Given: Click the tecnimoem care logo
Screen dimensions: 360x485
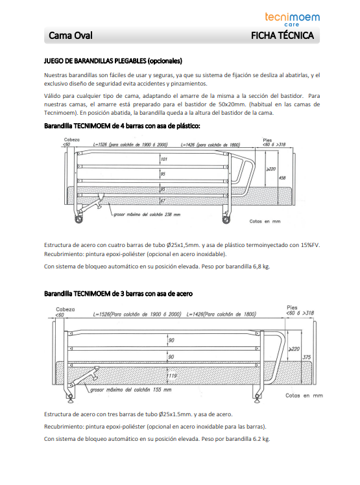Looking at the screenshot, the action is point(292,19).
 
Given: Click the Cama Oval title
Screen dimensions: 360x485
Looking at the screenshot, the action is point(71,36).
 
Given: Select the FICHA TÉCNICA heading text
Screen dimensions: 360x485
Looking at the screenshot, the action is point(282,36).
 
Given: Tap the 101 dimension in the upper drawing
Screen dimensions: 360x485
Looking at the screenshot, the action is point(164,159).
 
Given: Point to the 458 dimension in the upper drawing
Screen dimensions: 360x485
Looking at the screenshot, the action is point(282,178).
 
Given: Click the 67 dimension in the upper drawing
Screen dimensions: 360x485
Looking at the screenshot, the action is point(163,201).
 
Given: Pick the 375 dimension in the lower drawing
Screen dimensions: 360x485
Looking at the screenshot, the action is point(306,357).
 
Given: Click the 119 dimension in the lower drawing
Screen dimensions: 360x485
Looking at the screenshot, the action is point(172,375).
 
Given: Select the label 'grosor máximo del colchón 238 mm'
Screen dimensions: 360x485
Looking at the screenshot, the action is point(147,215).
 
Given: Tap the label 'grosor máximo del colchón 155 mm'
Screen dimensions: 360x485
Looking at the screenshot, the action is point(130,390).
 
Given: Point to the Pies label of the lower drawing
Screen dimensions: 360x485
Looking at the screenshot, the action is point(292,307).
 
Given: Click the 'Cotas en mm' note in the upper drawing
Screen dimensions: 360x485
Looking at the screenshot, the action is point(265,221).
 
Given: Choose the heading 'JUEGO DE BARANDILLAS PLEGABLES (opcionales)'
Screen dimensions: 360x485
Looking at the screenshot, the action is point(113,61).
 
